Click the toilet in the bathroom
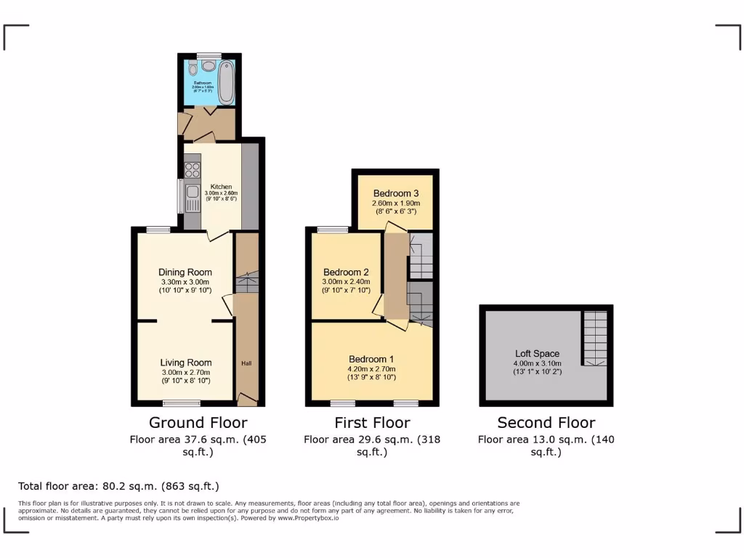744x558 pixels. pyautogui.click(x=191, y=69)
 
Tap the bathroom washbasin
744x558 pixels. pyautogui.click(x=209, y=66)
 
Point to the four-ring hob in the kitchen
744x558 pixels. pyautogui.click(x=193, y=171)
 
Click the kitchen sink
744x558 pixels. pyautogui.click(x=193, y=193)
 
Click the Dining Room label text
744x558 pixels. pyautogui.click(x=185, y=272)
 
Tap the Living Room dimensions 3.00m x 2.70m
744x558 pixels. pyautogui.click(x=185, y=373)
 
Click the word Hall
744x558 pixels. pyautogui.click(x=246, y=363)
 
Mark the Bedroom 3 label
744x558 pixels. pyautogui.click(x=396, y=193)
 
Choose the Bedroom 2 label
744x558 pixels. pyautogui.click(x=346, y=272)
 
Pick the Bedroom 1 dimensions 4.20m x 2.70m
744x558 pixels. pyautogui.click(x=371, y=369)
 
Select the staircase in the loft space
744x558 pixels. pyautogui.click(x=595, y=338)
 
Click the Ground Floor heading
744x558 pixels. pyautogui.click(x=198, y=423)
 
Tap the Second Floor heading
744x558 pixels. pyautogui.click(x=546, y=423)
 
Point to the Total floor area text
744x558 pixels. pyautogui.click(x=118, y=486)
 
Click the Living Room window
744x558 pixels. pyautogui.click(x=182, y=403)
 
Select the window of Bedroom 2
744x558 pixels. pyautogui.click(x=333, y=230)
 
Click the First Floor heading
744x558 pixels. pyautogui.click(x=372, y=423)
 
